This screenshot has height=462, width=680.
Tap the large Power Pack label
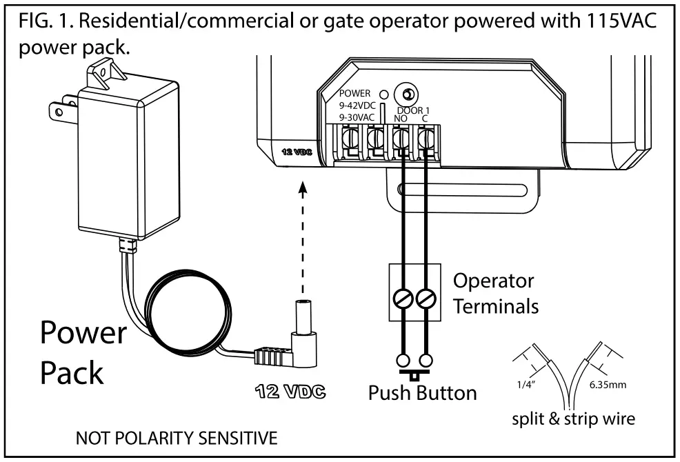point(83,353)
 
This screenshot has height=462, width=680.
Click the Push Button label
point(421,393)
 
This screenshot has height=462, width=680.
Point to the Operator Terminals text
point(496,293)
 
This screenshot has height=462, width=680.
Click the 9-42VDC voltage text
point(357,106)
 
